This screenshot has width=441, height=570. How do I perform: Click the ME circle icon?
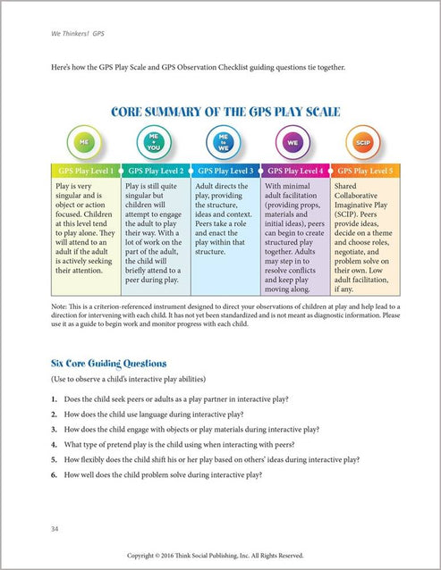(x=84, y=142)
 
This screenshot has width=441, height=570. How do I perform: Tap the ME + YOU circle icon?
(x=153, y=142)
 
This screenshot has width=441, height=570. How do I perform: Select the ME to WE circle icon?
(x=224, y=142)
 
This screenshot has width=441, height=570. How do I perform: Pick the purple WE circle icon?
(x=293, y=142)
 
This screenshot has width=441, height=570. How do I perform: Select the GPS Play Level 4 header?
(x=294, y=170)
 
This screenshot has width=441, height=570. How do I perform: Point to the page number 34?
(x=55, y=530)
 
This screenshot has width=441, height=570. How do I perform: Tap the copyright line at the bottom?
(x=220, y=556)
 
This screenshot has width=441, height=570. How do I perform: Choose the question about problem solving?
(x=163, y=474)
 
